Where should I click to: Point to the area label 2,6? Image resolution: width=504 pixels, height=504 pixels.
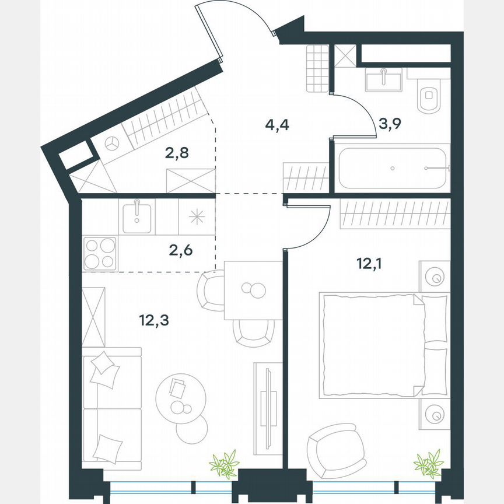click(180, 251)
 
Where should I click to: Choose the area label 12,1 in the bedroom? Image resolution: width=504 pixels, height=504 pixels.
click(371, 264)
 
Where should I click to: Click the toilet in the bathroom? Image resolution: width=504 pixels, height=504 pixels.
click(430, 97)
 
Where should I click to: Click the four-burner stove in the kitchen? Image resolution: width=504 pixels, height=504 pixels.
click(100, 253)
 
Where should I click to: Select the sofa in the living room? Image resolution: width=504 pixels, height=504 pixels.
click(111, 407)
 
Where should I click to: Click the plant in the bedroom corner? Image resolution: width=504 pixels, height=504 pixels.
click(428, 464)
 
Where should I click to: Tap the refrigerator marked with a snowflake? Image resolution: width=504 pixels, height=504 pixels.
click(197, 215)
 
